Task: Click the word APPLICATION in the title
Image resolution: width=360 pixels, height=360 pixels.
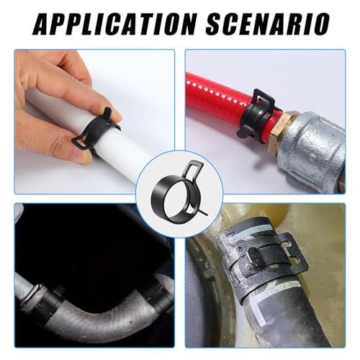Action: coord(114,24)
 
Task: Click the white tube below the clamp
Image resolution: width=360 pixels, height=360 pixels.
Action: coord(113,153)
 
